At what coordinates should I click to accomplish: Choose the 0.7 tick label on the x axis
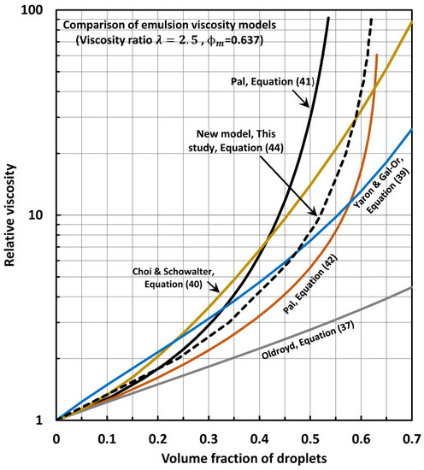[411, 436]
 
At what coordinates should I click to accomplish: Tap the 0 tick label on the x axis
[56, 436]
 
